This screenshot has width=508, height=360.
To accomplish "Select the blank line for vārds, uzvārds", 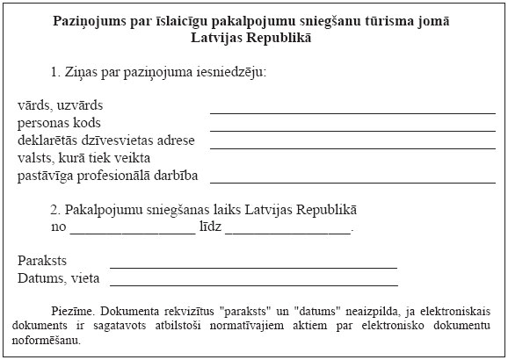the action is [352, 112].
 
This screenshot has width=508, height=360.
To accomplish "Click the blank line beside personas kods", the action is [352, 130].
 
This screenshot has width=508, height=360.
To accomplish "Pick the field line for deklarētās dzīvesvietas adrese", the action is [352, 148].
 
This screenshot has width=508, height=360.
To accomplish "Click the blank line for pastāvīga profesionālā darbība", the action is [352, 182].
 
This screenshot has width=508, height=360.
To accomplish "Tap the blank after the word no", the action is [132, 233].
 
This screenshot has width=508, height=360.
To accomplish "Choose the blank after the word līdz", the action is [288, 233].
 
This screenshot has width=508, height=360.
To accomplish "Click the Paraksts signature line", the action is [253, 266].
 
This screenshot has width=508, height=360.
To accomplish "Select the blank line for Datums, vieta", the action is [253, 284].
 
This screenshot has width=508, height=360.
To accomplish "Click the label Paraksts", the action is [41, 261].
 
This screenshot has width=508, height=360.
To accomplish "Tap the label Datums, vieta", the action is [58, 279].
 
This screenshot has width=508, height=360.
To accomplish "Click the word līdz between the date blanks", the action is [210, 227].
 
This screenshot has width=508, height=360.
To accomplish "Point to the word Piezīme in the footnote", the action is [72, 311].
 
